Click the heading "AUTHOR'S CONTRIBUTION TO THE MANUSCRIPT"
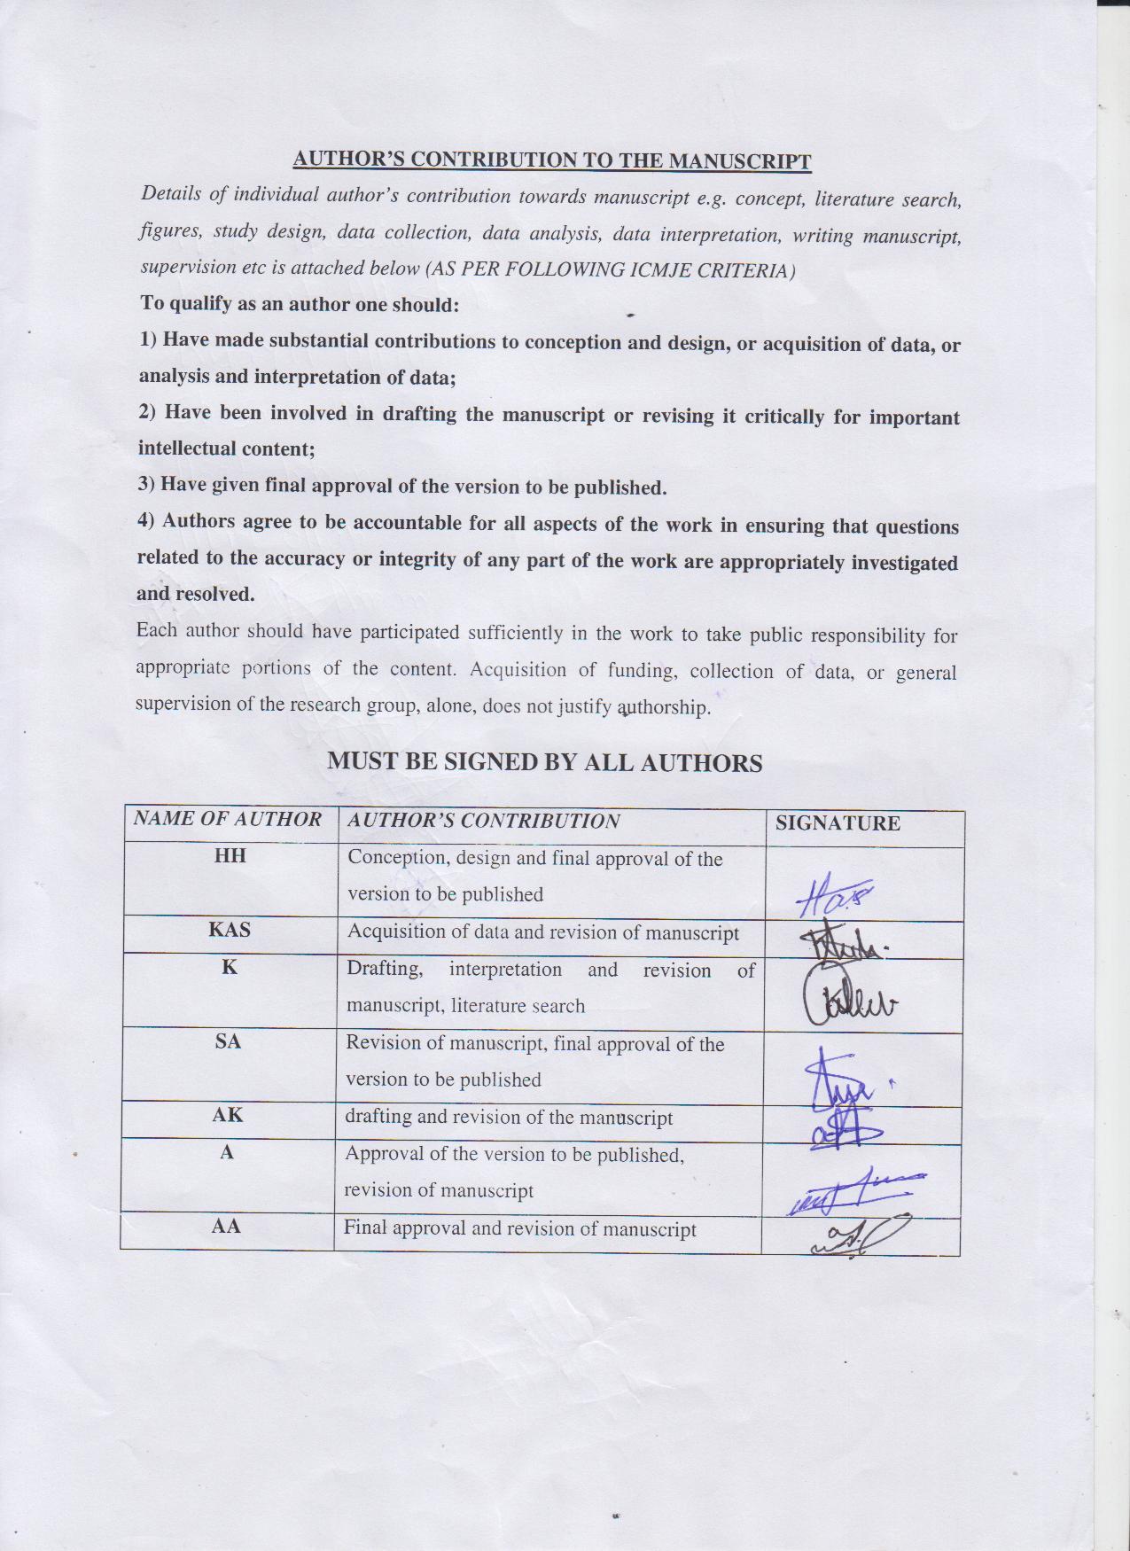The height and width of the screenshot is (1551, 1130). [552, 160]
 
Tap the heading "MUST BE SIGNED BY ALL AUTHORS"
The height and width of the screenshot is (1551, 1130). [544, 762]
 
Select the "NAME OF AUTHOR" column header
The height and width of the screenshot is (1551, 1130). [227, 819]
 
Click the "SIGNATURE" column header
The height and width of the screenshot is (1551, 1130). [838, 823]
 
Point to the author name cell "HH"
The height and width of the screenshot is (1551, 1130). [230, 856]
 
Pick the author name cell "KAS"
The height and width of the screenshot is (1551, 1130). [229, 930]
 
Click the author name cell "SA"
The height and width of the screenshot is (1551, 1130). [228, 1041]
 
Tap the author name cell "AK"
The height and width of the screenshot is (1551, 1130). [227, 1115]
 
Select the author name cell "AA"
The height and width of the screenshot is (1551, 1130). [227, 1227]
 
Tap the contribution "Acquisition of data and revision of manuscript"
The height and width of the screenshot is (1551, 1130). [542, 932]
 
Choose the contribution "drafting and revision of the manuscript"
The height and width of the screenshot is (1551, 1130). [509, 1118]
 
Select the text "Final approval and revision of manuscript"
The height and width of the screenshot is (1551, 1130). [519, 1229]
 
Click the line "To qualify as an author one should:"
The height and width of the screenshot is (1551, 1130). [300, 304]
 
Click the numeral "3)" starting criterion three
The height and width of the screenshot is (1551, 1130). [147, 485]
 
